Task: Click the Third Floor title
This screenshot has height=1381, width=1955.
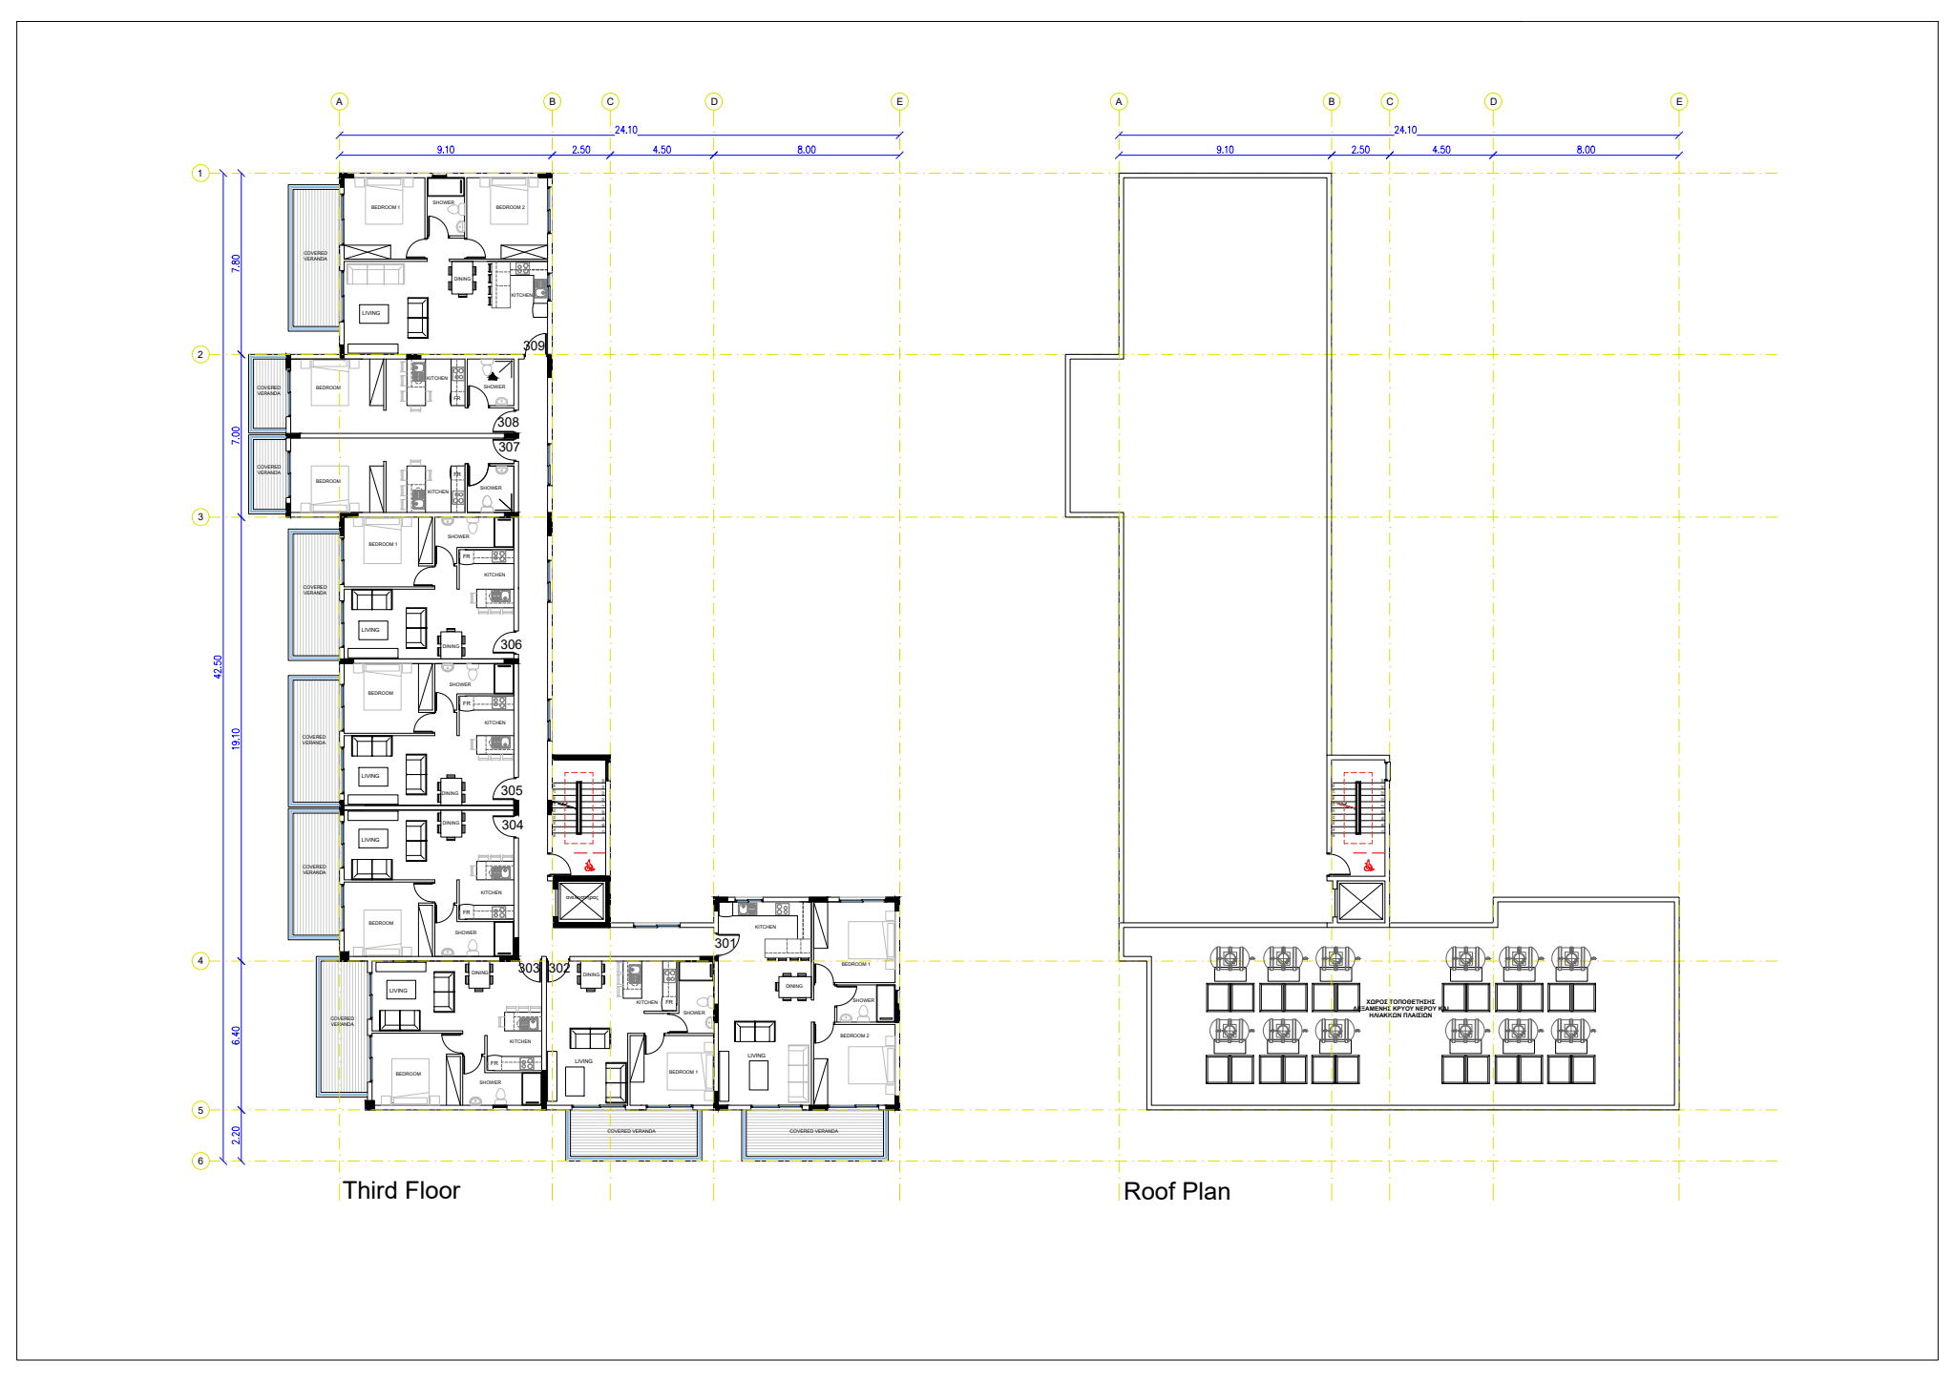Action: [401, 1190]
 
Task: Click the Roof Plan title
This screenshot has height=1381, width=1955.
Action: [1176, 1191]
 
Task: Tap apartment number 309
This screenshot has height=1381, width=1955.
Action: [534, 345]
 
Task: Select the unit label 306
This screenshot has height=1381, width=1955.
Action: [512, 644]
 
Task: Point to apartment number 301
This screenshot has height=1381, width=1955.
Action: [725, 943]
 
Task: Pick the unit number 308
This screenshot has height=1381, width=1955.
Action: [508, 422]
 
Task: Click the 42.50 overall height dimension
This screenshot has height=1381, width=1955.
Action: [218, 666]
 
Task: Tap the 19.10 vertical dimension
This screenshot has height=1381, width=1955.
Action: [236, 739]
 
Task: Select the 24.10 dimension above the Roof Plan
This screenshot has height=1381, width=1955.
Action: [1405, 130]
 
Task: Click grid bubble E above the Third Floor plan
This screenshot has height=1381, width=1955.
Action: [899, 101]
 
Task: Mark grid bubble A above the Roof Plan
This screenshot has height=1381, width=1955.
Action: [1119, 101]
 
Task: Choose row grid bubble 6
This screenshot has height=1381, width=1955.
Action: [200, 1161]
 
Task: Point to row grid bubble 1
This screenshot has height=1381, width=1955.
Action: [200, 174]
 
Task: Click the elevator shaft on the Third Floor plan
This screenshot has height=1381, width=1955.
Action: [580, 902]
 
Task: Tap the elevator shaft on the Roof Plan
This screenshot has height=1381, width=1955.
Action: [1360, 902]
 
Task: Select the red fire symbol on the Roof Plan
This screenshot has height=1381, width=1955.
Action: [1368, 866]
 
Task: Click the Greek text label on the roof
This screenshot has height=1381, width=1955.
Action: [1400, 1009]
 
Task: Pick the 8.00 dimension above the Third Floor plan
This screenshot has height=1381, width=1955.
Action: [807, 150]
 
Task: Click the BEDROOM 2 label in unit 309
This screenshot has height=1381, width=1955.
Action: [510, 207]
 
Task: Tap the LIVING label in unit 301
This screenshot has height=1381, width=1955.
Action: [756, 1056]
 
